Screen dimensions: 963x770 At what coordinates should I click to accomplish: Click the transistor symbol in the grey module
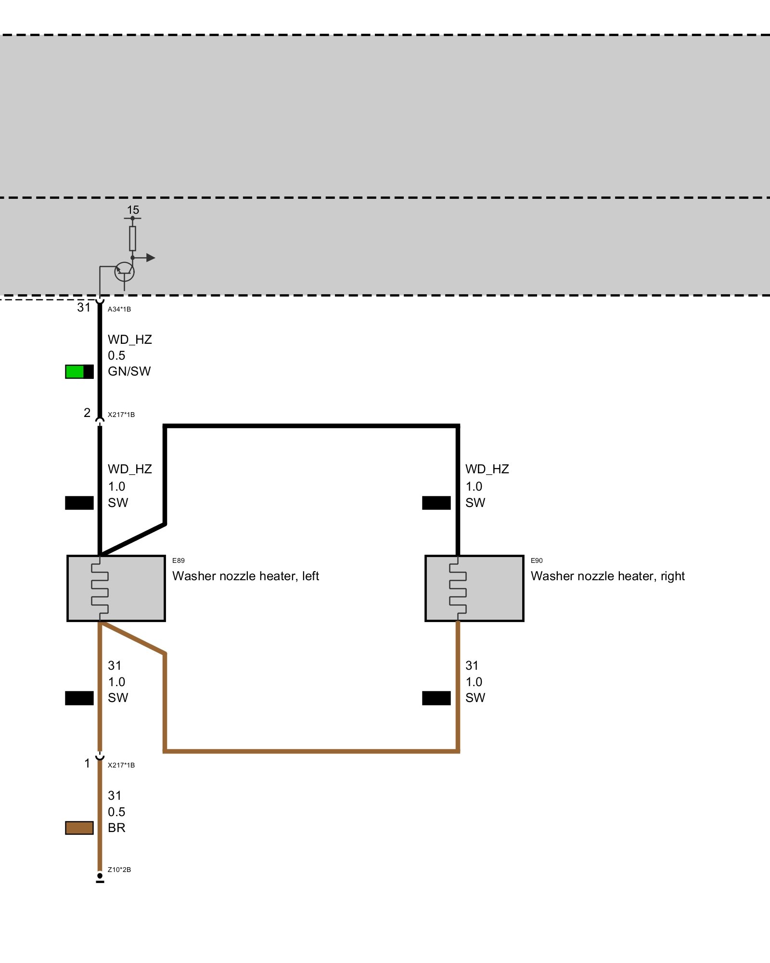[x=124, y=272]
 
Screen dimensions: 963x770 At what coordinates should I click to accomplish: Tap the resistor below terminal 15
[x=132, y=238]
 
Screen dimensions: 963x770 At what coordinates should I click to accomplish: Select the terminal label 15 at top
[x=133, y=210]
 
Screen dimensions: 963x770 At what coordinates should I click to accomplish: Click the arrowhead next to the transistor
[x=150, y=258]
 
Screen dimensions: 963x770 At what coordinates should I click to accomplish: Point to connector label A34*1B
[x=119, y=309]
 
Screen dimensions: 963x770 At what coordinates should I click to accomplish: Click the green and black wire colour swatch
[x=79, y=372]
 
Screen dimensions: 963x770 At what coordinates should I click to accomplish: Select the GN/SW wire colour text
[x=129, y=371]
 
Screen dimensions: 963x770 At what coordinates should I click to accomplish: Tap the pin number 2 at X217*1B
[x=87, y=413]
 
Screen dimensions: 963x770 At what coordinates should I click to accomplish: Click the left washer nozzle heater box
[x=116, y=588]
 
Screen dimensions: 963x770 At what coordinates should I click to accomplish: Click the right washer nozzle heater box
[x=474, y=588]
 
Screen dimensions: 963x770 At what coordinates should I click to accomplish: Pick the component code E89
[x=178, y=560]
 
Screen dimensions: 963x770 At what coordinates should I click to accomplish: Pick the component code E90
[x=537, y=560]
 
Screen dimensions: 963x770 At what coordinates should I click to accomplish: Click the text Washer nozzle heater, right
[x=607, y=576]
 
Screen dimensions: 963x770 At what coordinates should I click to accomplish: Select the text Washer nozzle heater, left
[x=245, y=576]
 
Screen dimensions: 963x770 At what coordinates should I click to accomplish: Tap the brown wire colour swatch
[x=79, y=828]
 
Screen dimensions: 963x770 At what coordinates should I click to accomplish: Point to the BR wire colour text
[x=116, y=828]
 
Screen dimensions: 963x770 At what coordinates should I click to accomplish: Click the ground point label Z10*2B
[x=119, y=870]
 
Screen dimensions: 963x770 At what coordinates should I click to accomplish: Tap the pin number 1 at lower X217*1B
[x=87, y=763]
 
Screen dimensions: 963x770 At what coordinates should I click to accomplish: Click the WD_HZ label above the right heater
[x=487, y=469]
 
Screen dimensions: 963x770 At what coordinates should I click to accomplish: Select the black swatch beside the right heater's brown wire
[x=436, y=698]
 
